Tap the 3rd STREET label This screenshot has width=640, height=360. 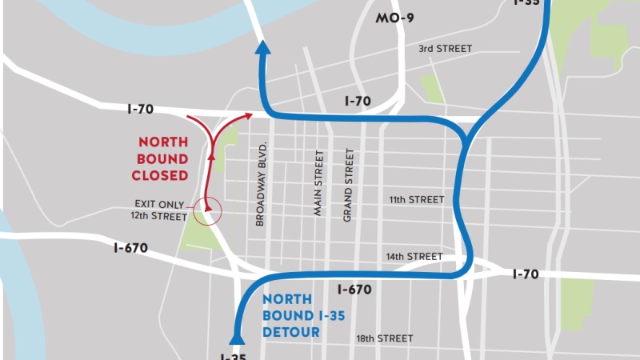[x=445, y=49]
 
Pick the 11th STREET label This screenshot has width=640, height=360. [x=416, y=199]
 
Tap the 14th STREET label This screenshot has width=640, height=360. [x=414, y=257]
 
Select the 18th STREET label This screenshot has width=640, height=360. [x=385, y=338]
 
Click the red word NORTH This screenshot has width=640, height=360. [x=163, y=142]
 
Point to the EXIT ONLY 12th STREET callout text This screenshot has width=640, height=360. [x=161, y=210]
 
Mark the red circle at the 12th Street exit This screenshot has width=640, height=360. [x=208, y=210]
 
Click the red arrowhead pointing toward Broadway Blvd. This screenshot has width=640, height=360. [x=250, y=117]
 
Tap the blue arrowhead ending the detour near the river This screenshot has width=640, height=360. [x=262, y=49]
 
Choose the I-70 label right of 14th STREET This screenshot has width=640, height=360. [x=525, y=274]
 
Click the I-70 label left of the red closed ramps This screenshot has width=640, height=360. [x=139, y=108]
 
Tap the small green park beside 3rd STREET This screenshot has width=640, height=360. [x=432, y=88]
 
